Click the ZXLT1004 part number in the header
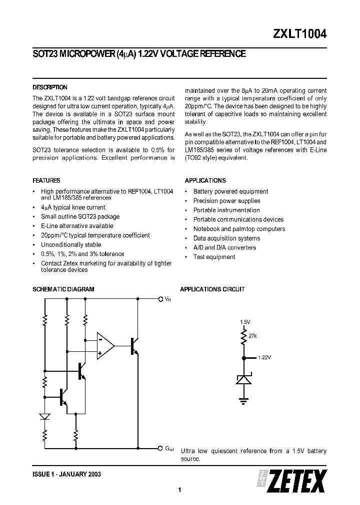tap(300, 34)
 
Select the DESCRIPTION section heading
tap(50, 87)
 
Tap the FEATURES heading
tap(46, 181)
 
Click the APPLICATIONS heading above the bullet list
tap(205, 181)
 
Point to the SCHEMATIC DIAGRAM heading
tap(63, 289)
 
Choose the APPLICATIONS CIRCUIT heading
tap(212, 289)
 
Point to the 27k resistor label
tap(252, 336)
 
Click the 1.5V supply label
tap(244, 322)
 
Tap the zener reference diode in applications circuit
tap(244, 380)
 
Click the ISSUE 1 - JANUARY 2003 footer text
tap(67, 474)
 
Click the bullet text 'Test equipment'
tap(214, 257)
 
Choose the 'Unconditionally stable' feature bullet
tap(71, 245)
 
